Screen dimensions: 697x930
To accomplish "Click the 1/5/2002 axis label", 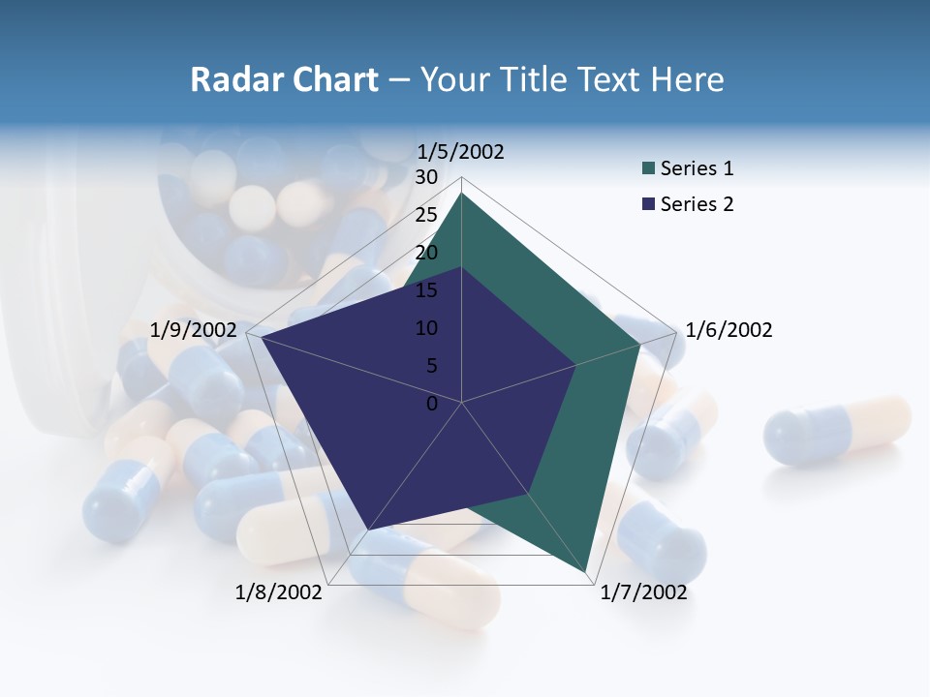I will pos(460,152).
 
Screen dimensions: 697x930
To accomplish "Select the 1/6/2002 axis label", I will pos(728,330).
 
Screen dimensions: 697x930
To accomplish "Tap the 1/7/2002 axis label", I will pos(643,592).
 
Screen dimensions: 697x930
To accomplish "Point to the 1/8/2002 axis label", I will pos(279,592).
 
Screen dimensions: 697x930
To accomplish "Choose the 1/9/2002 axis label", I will pos(194,330).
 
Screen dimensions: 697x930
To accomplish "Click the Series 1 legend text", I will pos(697,168).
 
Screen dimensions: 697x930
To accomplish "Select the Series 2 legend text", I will pos(697,204).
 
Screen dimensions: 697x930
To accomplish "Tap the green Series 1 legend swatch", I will pos(648,169).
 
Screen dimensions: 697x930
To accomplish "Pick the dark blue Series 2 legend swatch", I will pos(648,205).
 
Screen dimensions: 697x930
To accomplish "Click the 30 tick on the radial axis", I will pos(426,177).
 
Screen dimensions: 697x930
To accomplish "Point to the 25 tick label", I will pos(426,215).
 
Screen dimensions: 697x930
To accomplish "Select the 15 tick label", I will pos(426,290).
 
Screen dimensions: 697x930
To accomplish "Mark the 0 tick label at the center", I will pos(432,404).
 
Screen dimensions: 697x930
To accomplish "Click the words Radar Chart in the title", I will pos(284,80).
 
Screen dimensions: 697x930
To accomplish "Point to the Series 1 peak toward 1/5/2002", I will pos(462,194).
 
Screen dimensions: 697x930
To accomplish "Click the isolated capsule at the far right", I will pos(838,430).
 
